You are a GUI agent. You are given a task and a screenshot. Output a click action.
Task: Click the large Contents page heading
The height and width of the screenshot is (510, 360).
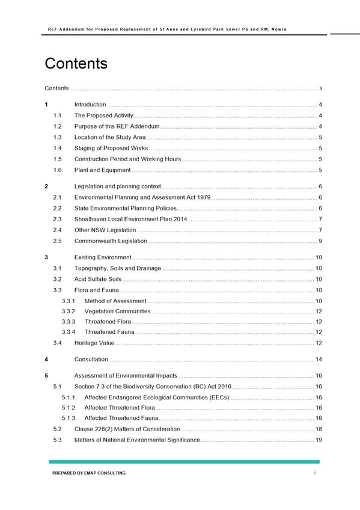pyautogui.click(x=76, y=64)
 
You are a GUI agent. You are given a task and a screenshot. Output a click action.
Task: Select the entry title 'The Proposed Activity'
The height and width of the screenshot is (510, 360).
pyautogui.click(x=103, y=115)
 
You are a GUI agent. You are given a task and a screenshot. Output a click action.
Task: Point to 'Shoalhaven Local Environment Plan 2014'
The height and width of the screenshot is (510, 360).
pyautogui.click(x=130, y=219)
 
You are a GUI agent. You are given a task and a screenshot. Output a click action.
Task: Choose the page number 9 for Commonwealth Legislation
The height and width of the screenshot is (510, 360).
pyautogui.click(x=322, y=241)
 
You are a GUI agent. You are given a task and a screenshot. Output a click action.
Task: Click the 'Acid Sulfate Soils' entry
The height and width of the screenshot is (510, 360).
pyautogui.click(x=97, y=280)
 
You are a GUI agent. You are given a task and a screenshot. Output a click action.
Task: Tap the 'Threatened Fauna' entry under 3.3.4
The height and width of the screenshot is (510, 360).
pyautogui.click(x=109, y=332)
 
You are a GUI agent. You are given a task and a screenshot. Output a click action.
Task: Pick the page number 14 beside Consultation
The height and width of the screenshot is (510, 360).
pyautogui.click(x=320, y=360)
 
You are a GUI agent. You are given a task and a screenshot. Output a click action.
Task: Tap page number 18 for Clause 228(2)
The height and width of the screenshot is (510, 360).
pyautogui.click(x=320, y=429)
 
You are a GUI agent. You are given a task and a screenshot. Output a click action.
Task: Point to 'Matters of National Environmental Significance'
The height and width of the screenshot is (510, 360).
pyautogui.click(x=137, y=440)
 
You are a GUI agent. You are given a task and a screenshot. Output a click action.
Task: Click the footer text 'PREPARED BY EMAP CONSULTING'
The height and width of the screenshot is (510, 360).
pyautogui.click(x=89, y=473)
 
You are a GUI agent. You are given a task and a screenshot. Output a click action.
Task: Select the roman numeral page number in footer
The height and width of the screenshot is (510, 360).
pyautogui.click(x=314, y=473)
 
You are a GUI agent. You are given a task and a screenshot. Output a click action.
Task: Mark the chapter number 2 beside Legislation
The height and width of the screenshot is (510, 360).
pyautogui.click(x=47, y=186)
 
